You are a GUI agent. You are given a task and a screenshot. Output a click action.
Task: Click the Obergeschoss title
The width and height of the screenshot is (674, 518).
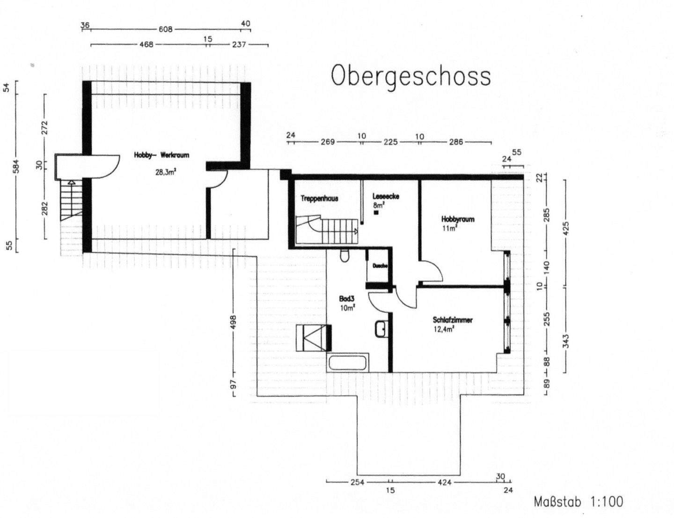pos(411,76)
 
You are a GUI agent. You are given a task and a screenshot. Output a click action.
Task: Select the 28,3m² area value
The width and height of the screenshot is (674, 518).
pos(165,172)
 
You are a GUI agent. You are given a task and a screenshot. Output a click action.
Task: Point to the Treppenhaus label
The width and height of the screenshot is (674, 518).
pos(319,199)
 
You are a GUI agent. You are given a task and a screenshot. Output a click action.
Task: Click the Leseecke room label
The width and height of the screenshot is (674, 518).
pos(386,197)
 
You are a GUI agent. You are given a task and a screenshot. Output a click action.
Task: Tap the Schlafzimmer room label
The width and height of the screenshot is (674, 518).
pos(453,320)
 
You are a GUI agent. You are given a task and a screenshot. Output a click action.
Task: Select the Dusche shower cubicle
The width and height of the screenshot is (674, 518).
pos(379,266)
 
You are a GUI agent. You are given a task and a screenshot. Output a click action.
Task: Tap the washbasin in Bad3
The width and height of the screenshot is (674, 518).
pos(381,329)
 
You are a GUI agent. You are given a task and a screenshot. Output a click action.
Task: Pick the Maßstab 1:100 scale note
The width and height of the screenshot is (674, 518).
pos(579,502)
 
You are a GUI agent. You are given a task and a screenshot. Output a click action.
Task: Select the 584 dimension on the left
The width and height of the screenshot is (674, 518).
pos(17,166)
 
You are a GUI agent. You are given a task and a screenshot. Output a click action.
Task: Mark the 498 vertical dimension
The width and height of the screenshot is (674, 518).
pos(234,322)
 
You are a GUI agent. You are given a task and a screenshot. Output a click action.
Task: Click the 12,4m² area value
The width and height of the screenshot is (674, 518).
pos(444,329)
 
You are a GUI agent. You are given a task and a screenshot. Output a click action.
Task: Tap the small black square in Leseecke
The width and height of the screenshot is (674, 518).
pos(376,213)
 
